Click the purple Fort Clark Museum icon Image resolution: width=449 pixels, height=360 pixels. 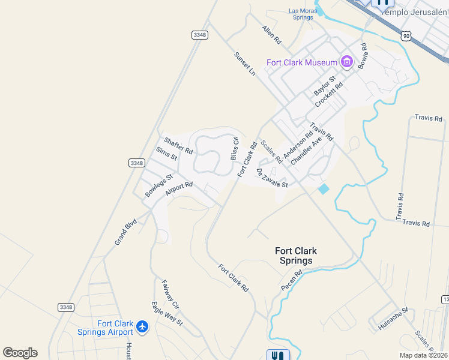click(346, 62)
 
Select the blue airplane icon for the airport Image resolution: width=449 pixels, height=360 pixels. click(142, 327)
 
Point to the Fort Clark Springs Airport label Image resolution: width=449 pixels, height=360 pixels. click(106, 328)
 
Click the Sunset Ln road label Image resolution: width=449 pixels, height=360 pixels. click(245, 62)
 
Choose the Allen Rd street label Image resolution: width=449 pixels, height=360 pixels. click(271, 35)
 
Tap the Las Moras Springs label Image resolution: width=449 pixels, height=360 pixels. click(301, 14)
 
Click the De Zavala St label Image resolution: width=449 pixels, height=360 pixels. click(273, 178)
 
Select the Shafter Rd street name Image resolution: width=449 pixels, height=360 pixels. click(178, 146)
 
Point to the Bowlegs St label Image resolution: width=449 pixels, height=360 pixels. click(159, 185)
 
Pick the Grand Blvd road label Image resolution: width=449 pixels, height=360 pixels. click(126, 232)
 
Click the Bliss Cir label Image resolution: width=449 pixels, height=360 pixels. click(235, 149)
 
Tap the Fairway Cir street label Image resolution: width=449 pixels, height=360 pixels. click(170, 290)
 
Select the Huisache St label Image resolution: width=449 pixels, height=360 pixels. click(393, 319)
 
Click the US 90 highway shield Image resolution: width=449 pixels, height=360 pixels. click(407, 37)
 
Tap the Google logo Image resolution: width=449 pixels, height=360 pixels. click(20, 353)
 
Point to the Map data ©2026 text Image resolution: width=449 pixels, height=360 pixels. click(423, 355)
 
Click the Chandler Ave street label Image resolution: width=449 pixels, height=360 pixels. click(307, 150)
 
